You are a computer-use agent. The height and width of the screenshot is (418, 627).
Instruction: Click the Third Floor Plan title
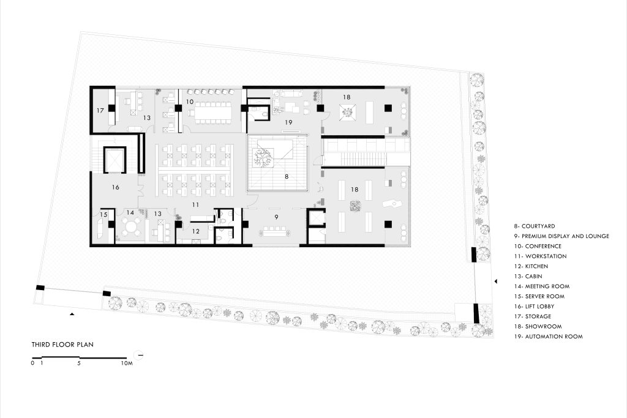tap(63, 345)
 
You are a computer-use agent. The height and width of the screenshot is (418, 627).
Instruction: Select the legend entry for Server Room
tap(539, 296)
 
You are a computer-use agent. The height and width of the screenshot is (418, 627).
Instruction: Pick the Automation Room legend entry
tap(549, 337)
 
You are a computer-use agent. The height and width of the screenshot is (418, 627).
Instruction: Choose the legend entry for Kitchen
tap(531, 266)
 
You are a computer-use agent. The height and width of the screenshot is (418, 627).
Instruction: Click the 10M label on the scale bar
tap(126, 364)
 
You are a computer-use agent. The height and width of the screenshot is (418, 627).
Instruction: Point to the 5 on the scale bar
tap(79, 364)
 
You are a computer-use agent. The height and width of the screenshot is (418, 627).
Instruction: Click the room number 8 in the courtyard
tap(287, 176)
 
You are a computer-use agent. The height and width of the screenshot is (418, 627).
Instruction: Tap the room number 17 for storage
tap(100, 110)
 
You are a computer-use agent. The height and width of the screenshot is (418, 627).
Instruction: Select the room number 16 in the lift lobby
tap(116, 187)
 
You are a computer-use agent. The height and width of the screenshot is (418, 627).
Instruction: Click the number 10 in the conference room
tap(190, 102)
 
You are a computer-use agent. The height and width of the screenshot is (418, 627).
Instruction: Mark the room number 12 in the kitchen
tap(195, 231)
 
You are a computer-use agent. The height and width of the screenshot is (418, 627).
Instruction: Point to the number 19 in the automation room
tap(288, 122)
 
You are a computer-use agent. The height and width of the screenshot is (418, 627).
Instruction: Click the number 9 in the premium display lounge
tap(276, 217)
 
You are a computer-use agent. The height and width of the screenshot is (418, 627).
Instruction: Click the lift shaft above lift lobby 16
tap(115, 160)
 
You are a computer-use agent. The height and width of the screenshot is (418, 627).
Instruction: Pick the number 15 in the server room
tap(103, 215)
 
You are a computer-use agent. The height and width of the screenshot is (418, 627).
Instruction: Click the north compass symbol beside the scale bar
tap(139, 355)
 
